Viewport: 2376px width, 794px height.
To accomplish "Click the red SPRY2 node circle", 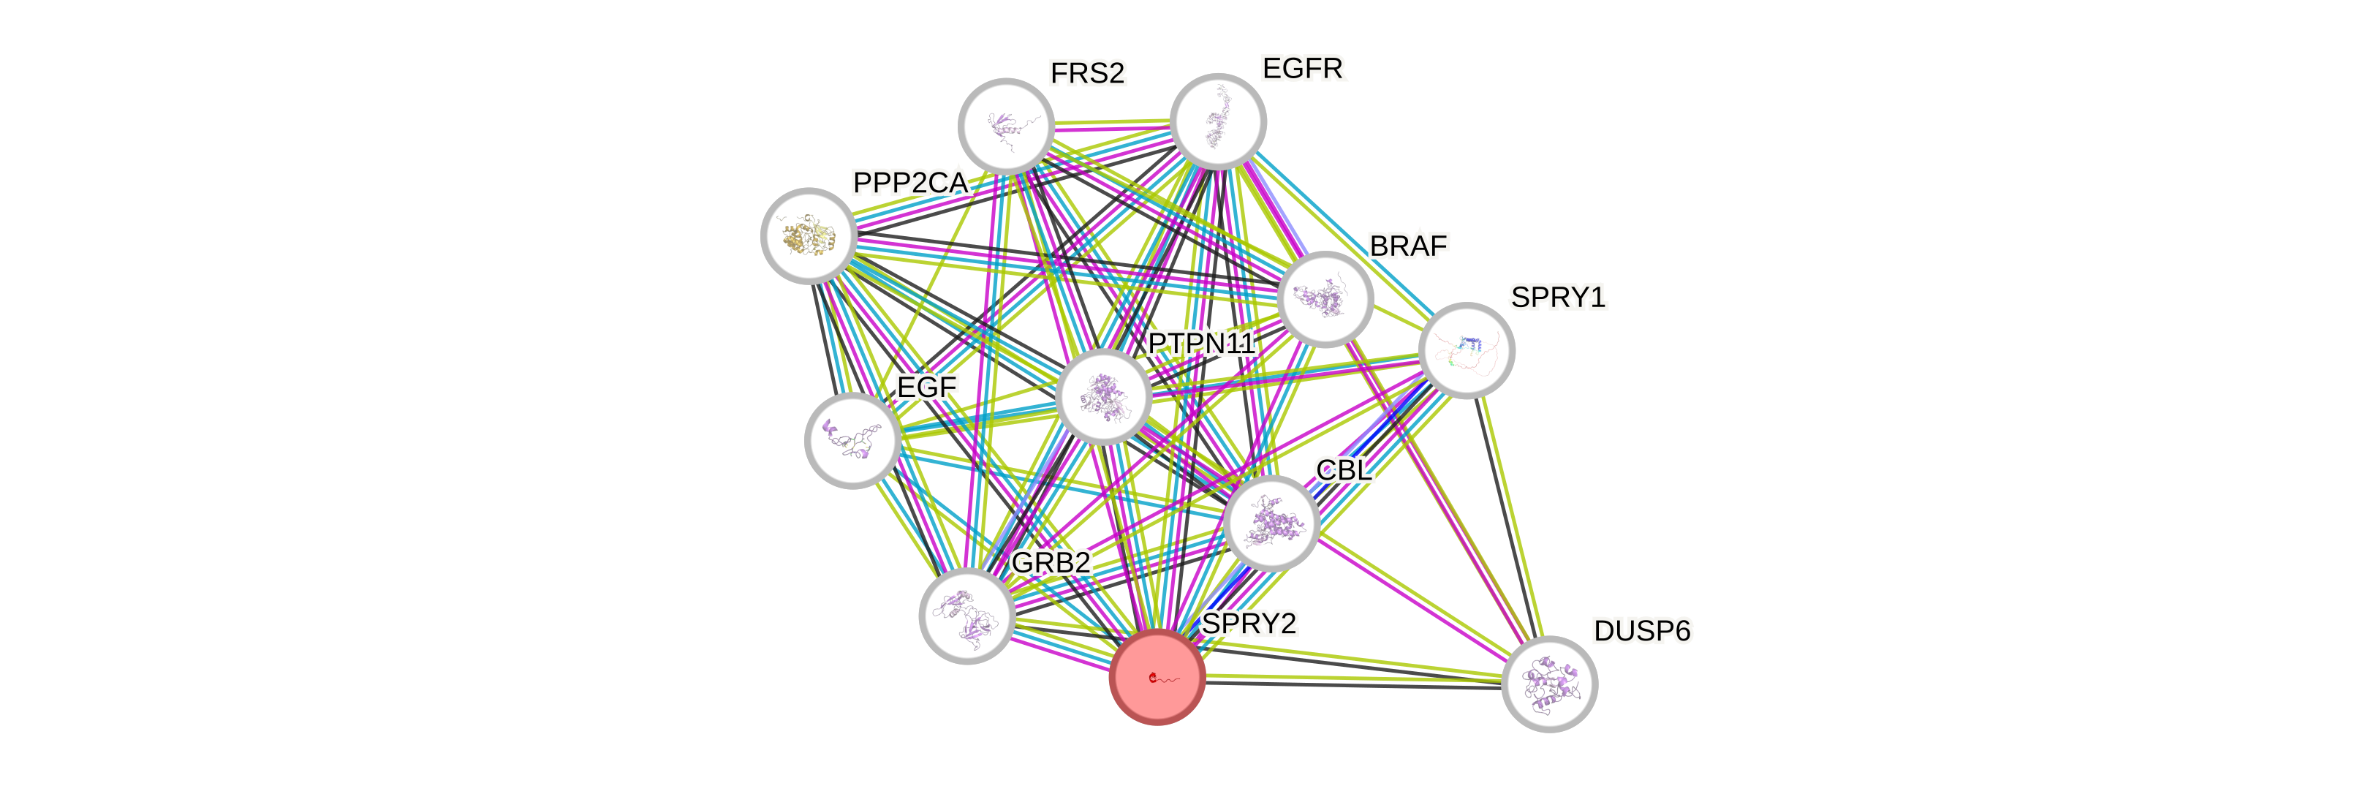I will coord(1157,678).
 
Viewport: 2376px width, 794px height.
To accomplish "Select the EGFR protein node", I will coord(1217,121).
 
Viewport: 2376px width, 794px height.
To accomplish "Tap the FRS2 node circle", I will coord(1006,126).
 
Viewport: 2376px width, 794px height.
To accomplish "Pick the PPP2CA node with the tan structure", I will coord(808,235).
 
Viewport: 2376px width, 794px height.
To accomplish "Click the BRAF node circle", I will coord(1325,298).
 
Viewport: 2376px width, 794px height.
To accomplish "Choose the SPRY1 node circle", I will coord(1466,350).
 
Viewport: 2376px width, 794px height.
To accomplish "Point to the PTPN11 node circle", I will coord(1103,396).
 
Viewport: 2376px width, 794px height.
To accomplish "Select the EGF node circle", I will coord(852,440).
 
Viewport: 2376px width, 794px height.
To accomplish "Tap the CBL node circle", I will coord(1272,523).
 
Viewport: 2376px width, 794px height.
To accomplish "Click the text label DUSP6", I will coord(1642,632).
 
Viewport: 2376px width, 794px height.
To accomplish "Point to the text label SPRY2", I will coord(1249,624).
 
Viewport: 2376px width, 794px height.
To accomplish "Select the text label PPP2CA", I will coord(910,183).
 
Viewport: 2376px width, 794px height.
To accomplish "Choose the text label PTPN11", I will coord(1202,344).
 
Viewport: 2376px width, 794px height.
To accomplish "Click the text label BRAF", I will coord(1409,246).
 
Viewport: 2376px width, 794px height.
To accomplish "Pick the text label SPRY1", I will coord(1558,298).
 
